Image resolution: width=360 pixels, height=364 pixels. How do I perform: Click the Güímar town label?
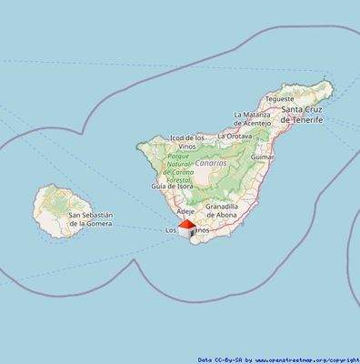click(262, 157)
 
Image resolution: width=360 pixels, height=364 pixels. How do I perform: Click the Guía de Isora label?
click(171, 186)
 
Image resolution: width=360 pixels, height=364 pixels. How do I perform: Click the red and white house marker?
click(186, 227)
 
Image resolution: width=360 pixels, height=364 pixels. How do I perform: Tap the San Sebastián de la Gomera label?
click(90, 219)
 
